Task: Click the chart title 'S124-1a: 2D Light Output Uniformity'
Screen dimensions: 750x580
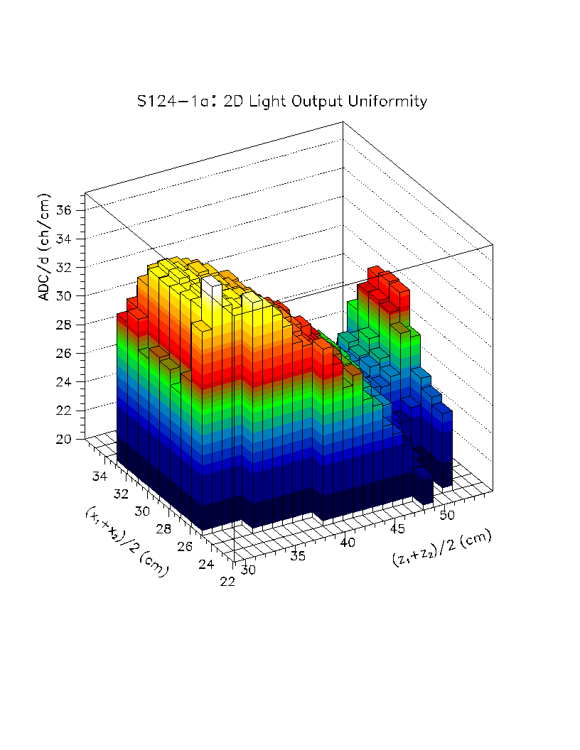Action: tap(282, 102)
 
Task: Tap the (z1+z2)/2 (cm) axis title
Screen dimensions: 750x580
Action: tap(441, 548)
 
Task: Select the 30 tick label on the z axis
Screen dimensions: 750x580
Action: tap(249, 570)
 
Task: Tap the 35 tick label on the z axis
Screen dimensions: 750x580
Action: tap(299, 556)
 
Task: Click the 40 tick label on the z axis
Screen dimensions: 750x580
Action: tap(348, 542)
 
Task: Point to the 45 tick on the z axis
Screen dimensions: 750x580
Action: tap(398, 528)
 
